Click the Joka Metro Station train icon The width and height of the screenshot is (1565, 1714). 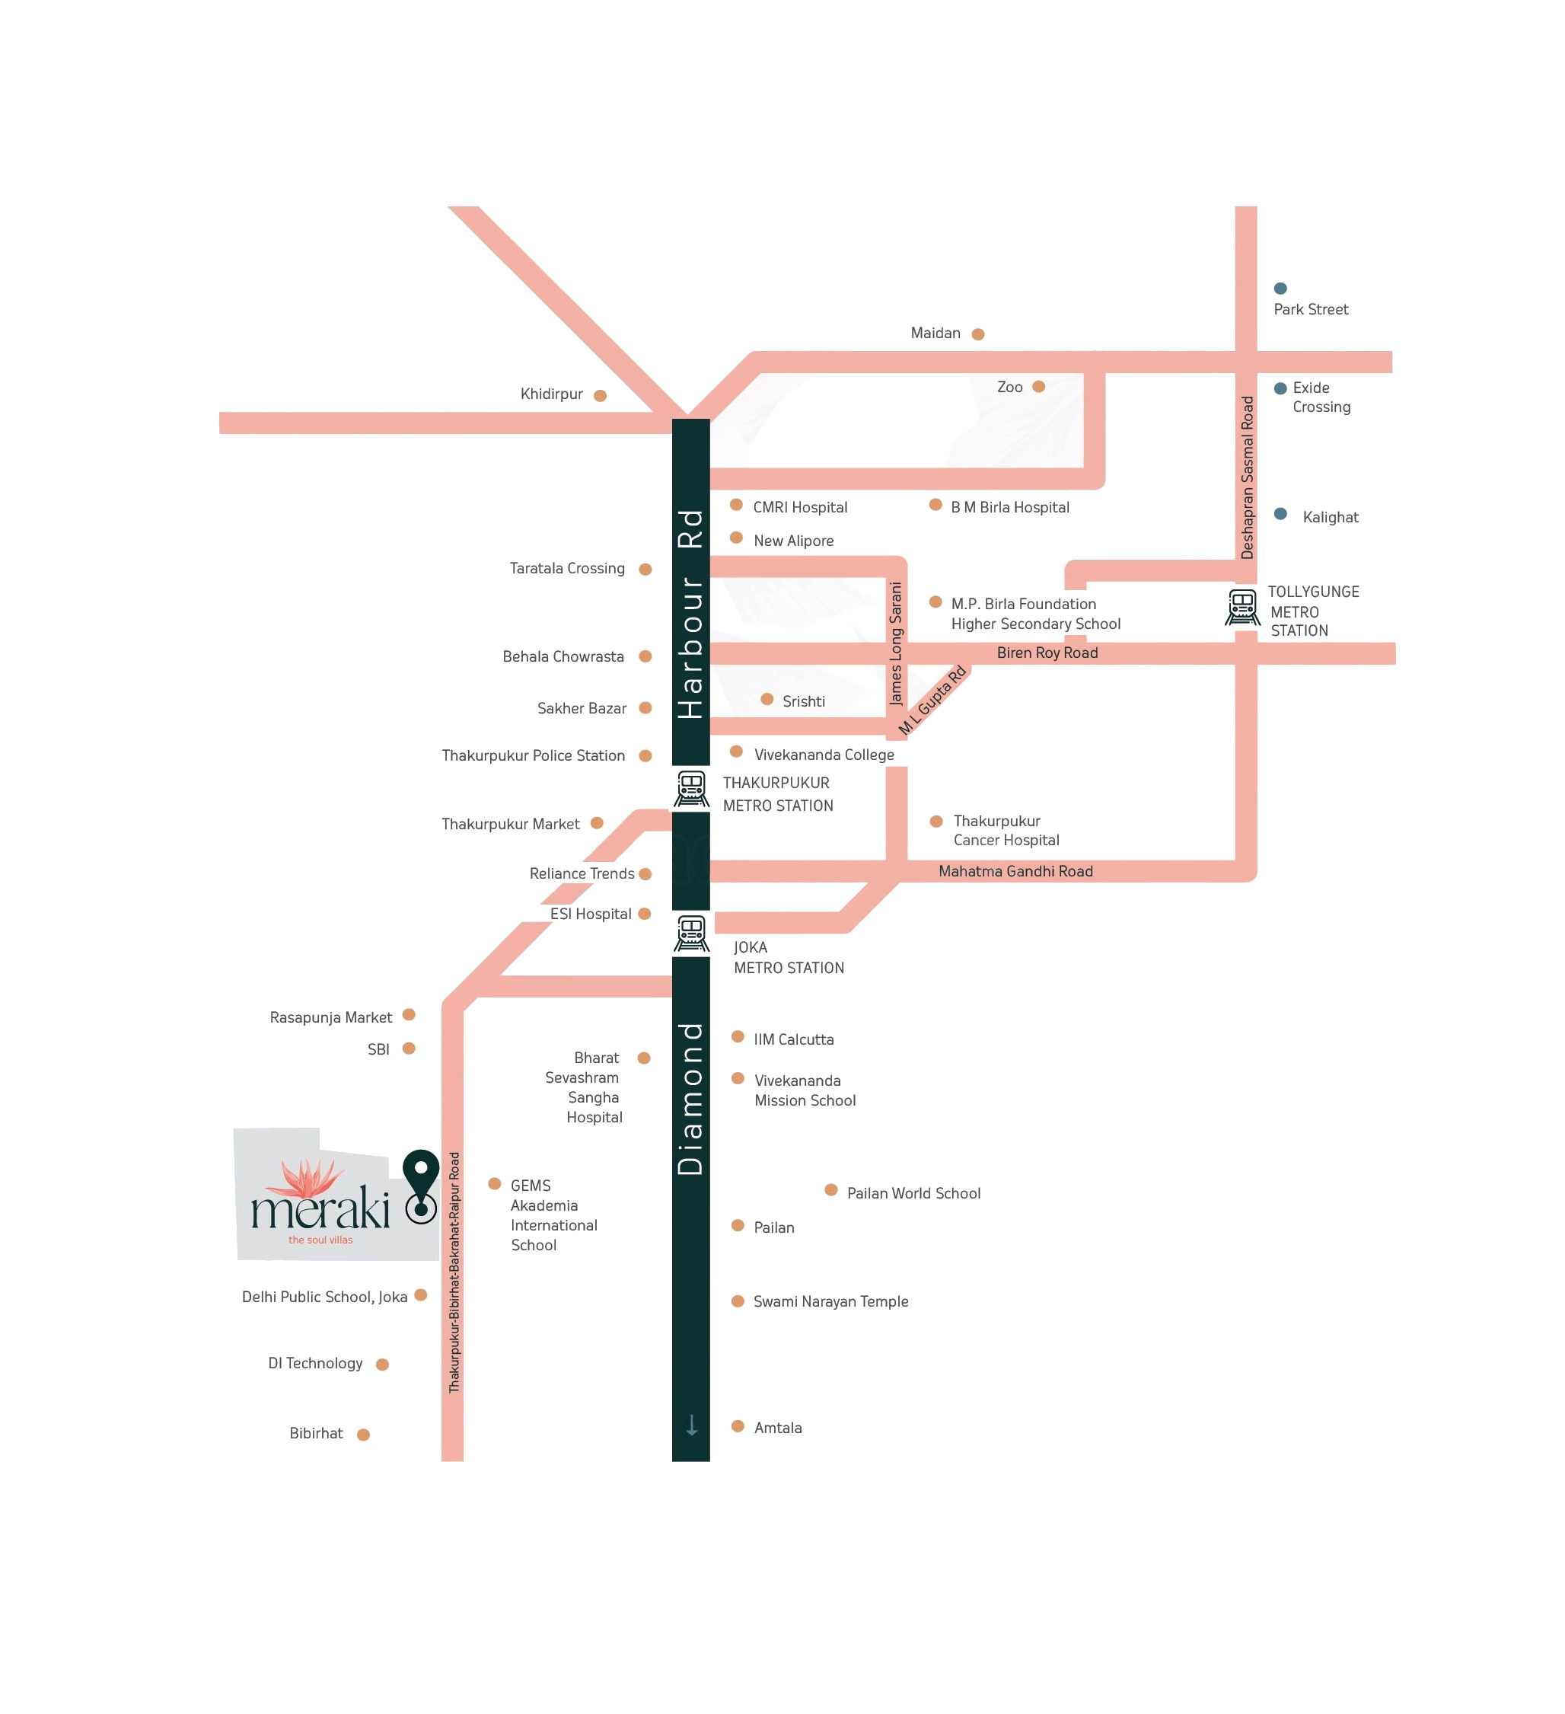tap(691, 934)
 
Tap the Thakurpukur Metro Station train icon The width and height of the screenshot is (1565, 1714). tap(691, 788)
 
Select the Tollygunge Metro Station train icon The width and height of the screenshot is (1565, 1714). tap(1242, 607)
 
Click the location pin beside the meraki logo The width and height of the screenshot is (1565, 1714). tap(421, 1185)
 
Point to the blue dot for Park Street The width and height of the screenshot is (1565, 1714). tap(1280, 289)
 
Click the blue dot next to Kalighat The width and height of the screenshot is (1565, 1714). tap(1280, 513)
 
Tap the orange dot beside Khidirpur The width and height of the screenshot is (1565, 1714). tap(600, 395)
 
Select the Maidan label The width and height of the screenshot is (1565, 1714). tap(935, 334)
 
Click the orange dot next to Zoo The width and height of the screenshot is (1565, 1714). tap(1038, 387)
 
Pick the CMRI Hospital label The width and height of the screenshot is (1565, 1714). tap(800, 508)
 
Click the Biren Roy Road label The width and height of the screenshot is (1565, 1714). tap(1047, 653)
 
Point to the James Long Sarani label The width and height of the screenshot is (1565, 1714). tap(895, 643)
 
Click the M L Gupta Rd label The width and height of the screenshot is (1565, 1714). tap(932, 700)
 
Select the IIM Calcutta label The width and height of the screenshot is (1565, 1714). tap(794, 1040)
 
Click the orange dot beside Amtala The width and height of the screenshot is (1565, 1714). tap(738, 1427)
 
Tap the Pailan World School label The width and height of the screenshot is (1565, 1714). tap(914, 1194)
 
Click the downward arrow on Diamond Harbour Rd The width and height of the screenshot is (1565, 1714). tap(692, 1425)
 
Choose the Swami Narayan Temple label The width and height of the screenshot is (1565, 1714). tap(830, 1301)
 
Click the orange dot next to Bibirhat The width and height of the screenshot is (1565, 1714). tap(363, 1435)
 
